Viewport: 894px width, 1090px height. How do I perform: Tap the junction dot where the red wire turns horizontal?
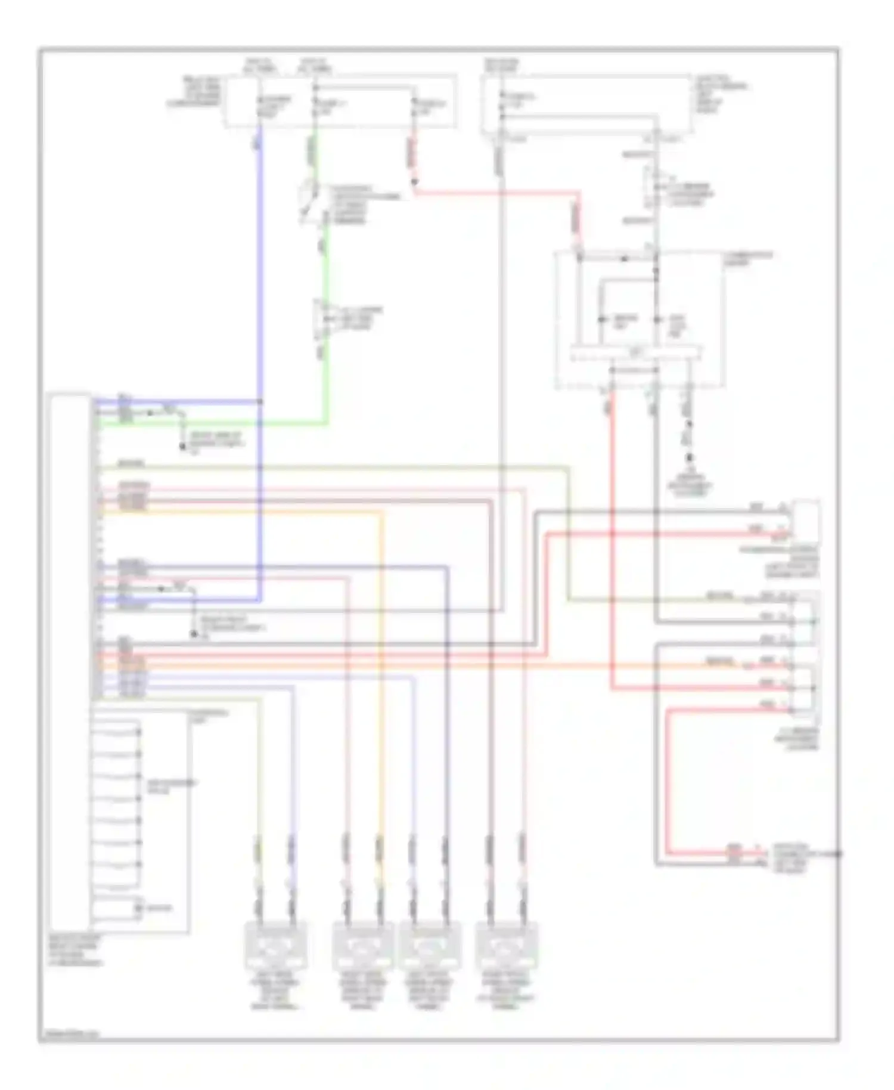click(414, 181)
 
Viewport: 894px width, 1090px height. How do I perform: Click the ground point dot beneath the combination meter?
click(690, 458)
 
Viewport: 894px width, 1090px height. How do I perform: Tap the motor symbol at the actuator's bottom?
click(139, 908)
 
